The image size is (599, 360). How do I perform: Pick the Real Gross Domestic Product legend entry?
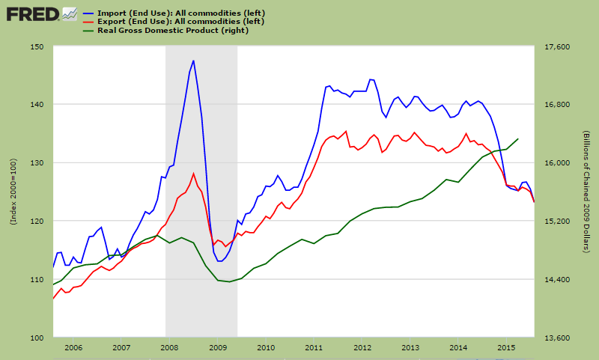click(173, 30)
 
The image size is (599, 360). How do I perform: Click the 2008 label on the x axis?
click(169, 348)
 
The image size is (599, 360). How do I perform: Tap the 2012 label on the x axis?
click(362, 348)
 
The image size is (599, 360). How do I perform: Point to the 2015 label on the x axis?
click(507, 348)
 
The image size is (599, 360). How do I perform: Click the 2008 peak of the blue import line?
click(193, 61)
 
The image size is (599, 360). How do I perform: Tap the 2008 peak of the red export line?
click(193, 174)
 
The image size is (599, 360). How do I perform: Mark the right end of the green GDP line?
click(519, 138)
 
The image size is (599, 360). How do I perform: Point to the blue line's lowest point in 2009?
click(218, 261)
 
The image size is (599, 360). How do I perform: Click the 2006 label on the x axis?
click(73, 348)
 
